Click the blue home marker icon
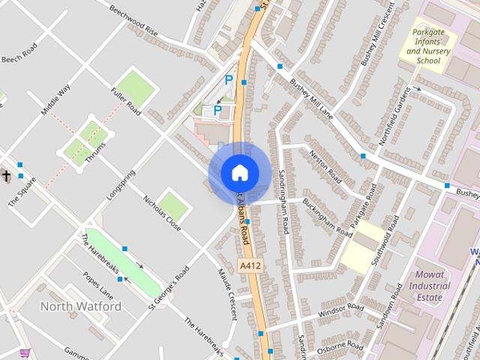click(239, 172)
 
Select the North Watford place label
click(80, 307)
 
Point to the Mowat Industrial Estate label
click(430, 286)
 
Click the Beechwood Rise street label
click(133, 21)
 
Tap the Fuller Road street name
click(125, 102)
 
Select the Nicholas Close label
click(162, 212)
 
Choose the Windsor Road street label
click(341, 309)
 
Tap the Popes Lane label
click(97, 285)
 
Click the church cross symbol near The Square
click(6, 176)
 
